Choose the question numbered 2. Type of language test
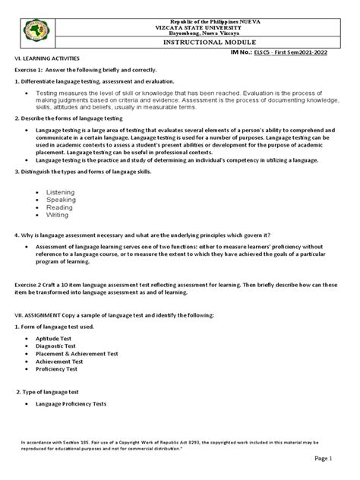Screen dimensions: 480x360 [52, 391]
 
